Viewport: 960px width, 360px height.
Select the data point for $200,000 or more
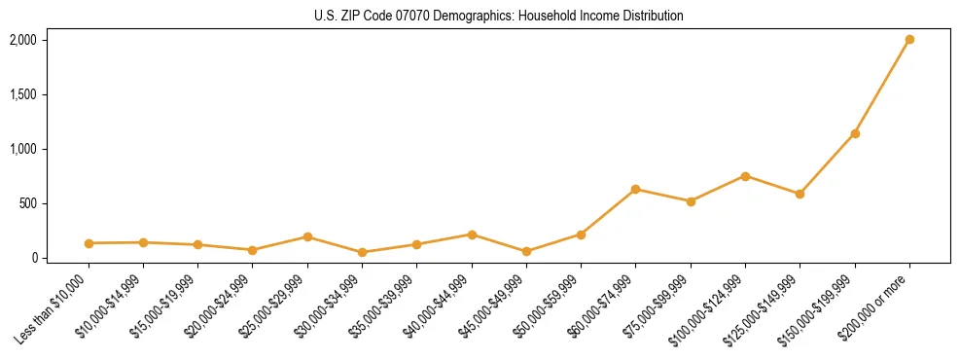pyautogui.click(x=909, y=40)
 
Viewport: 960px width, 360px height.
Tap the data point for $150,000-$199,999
pyautogui.click(x=855, y=133)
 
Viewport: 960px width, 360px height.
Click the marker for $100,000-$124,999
pyautogui.click(x=745, y=176)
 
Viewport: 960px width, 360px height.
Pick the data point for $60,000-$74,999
pyautogui.click(x=635, y=189)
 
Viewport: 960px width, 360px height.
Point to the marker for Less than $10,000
pyautogui.click(x=89, y=243)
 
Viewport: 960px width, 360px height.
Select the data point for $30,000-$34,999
pyautogui.click(x=362, y=252)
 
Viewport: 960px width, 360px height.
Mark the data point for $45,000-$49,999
pyautogui.click(x=526, y=251)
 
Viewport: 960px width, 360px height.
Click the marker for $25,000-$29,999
pyautogui.click(x=307, y=236)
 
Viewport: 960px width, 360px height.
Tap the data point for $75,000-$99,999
pyautogui.click(x=691, y=201)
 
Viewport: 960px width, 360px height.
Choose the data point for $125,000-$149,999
pyautogui.click(x=800, y=194)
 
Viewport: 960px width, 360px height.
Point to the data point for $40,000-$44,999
pyautogui.click(x=472, y=234)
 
